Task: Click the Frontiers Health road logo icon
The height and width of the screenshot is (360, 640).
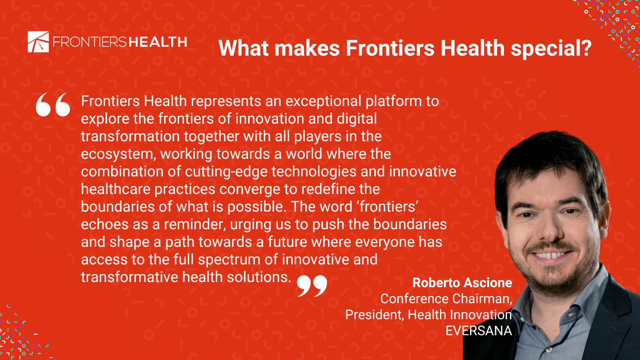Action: pyautogui.click(x=38, y=42)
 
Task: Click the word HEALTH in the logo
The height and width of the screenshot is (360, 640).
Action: pyautogui.click(x=158, y=42)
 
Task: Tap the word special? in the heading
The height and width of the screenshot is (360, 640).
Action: pyautogui.click(x=551, y=48)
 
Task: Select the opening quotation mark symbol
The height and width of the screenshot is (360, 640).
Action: pyautogui.click(x=53, y=104)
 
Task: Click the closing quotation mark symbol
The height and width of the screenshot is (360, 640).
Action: pyautogui.click(x=312, y=286)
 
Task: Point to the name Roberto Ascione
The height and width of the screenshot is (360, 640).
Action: pyautogui.click(x=462, y=282)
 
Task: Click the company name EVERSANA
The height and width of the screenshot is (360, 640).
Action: pyautogui.click(x=479, y=330)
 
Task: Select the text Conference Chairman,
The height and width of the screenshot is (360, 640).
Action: pyautogui.click(x=446, y=299)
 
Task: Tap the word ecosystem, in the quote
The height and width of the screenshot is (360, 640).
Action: pyautogui.click(x=118, y=154)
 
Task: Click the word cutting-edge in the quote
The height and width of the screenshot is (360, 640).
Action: pyautogui.click(x=226, y=172)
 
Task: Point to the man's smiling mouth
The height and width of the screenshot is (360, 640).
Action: pyautogui.click(x=549, y=255)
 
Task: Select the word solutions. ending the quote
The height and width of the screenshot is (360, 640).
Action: pyautogui.click(x=259, y=277)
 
